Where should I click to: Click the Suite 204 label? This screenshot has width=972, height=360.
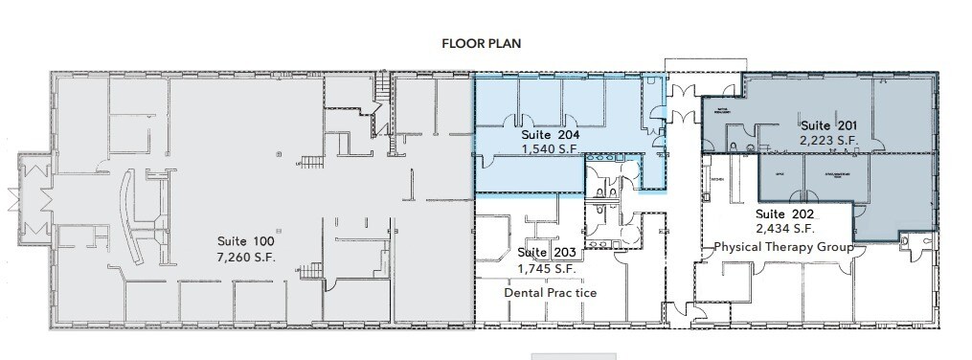tap(554, 135)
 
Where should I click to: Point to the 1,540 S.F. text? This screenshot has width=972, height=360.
tap(554, 150)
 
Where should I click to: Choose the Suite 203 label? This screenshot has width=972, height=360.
tap(546, 253)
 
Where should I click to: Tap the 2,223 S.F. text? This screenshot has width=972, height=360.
tap(828, 141)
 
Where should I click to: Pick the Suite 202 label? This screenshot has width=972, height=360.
tap(785, 214)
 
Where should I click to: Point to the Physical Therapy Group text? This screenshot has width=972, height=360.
tap(784, 248)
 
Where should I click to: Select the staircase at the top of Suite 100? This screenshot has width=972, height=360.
tap(384, 92)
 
